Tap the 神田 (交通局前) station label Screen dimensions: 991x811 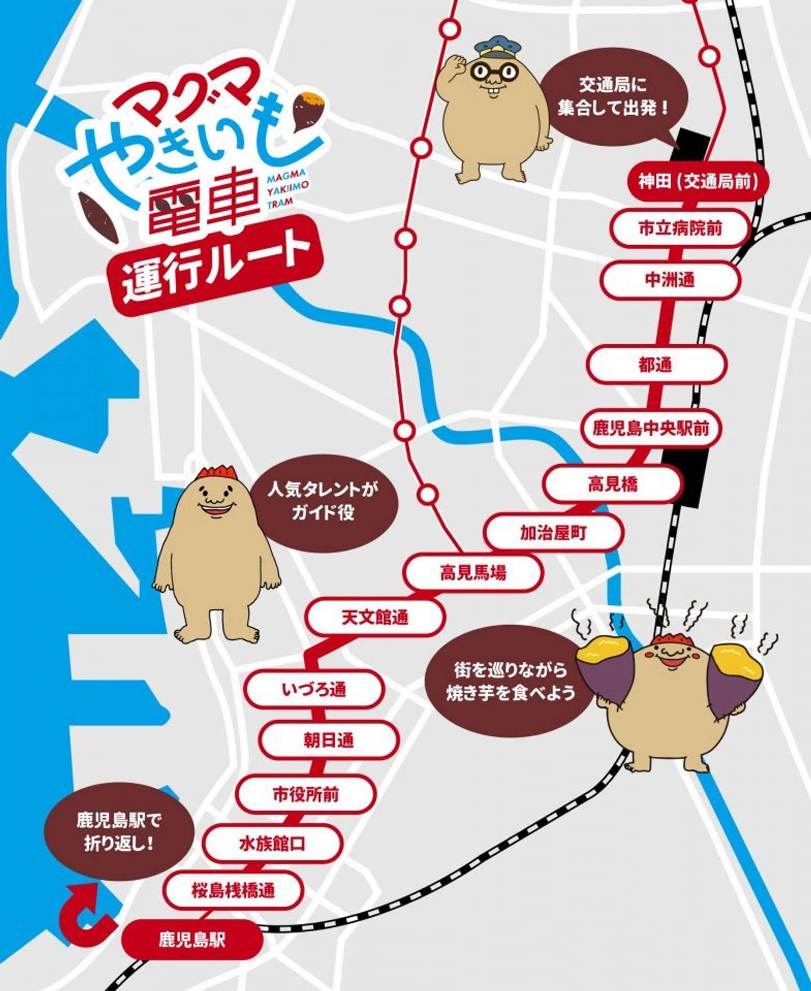(x=697, y=181)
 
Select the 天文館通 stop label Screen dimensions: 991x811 (x=375, y=617)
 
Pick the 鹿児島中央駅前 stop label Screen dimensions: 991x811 (x=650, y=428)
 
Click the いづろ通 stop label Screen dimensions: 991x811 (x=314, y=689)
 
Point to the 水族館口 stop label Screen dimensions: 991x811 (x=273, y=844)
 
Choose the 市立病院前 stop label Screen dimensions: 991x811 (x=680, y=228)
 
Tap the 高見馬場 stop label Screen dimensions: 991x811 (x=473, y=573)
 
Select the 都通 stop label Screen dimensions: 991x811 (x=656, y=365)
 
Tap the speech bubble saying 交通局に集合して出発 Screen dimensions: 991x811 (x=614, y=97)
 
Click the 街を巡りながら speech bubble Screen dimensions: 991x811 (x=510, y=681)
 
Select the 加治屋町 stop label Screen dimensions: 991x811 (x=554, y=532)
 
